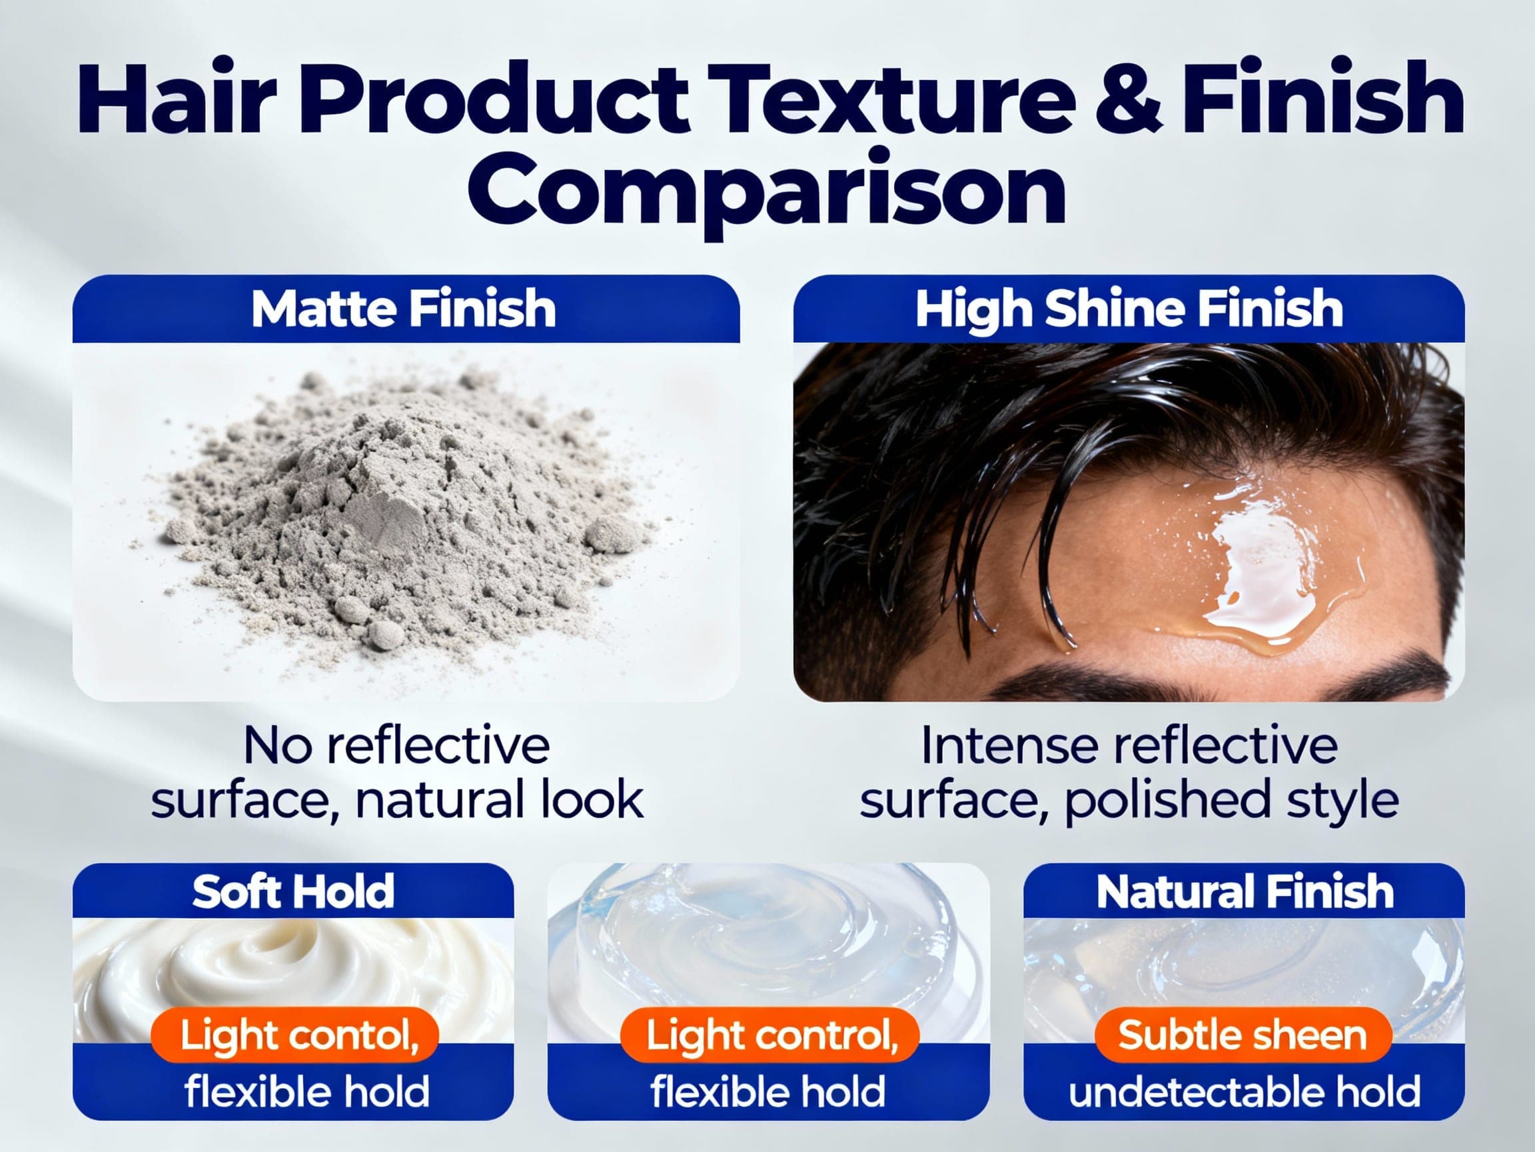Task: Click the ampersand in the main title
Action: click(1117, 99)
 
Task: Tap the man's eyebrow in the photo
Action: click(1083, 677)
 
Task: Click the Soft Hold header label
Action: click(293, 891)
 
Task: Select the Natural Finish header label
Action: click(1245, 891)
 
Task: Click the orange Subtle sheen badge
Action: click(1242, 1035)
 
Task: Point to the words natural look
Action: click(500, 800)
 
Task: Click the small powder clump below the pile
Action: click(383, 633)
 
